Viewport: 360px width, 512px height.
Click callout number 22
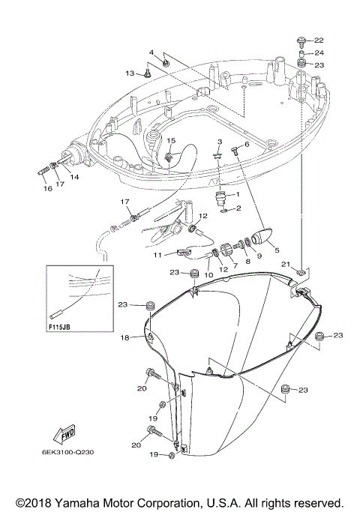(x=319, y=40)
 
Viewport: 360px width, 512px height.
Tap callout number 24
(x=319, y=52)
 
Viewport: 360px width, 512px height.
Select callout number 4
(x=151, y=52)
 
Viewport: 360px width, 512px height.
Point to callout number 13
(x=129, y=73)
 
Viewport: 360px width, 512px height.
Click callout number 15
(x=171, y=141)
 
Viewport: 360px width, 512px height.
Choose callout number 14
(x=74, y=177)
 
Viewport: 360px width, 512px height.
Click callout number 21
(x=286, y=264)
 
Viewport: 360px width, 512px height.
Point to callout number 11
(x=158, y=256)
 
